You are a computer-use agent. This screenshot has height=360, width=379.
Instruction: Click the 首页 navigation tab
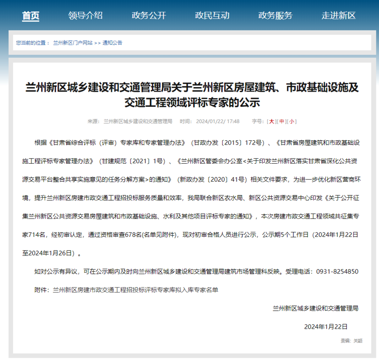[x=31, y=16]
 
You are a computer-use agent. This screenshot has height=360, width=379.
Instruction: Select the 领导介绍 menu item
[x=85, y=16]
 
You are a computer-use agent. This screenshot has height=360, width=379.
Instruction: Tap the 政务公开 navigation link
[x=149, y=16]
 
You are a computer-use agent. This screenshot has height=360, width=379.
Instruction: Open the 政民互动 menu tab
[x=212, y=16]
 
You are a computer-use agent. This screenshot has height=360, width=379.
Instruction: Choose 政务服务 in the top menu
[x=275, y=16]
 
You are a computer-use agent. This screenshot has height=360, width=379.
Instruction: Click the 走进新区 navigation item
[x=338, y=16]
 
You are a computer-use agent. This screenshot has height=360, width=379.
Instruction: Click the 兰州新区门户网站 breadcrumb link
[x=73, y=43]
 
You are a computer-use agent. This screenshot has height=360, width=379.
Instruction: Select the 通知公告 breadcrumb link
[x=112, y=43]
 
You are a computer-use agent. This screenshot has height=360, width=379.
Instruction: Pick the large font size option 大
[x=271, y=121]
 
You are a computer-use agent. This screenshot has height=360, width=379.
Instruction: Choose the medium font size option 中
[x=282, y=121]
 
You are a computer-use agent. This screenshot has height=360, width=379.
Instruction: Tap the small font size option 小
[x=292, y=121]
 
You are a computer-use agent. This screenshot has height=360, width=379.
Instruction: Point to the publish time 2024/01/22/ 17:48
[x=218, y=121]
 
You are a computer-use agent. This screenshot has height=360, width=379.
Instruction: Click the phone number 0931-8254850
[x=337, y=272]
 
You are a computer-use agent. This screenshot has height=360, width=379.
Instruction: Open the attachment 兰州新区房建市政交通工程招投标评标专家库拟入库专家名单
[x=135, y=290]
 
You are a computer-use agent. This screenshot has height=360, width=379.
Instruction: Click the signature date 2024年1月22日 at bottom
[x=326, y=326]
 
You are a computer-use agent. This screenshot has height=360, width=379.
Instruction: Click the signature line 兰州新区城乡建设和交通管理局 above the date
[x=316, y=308]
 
